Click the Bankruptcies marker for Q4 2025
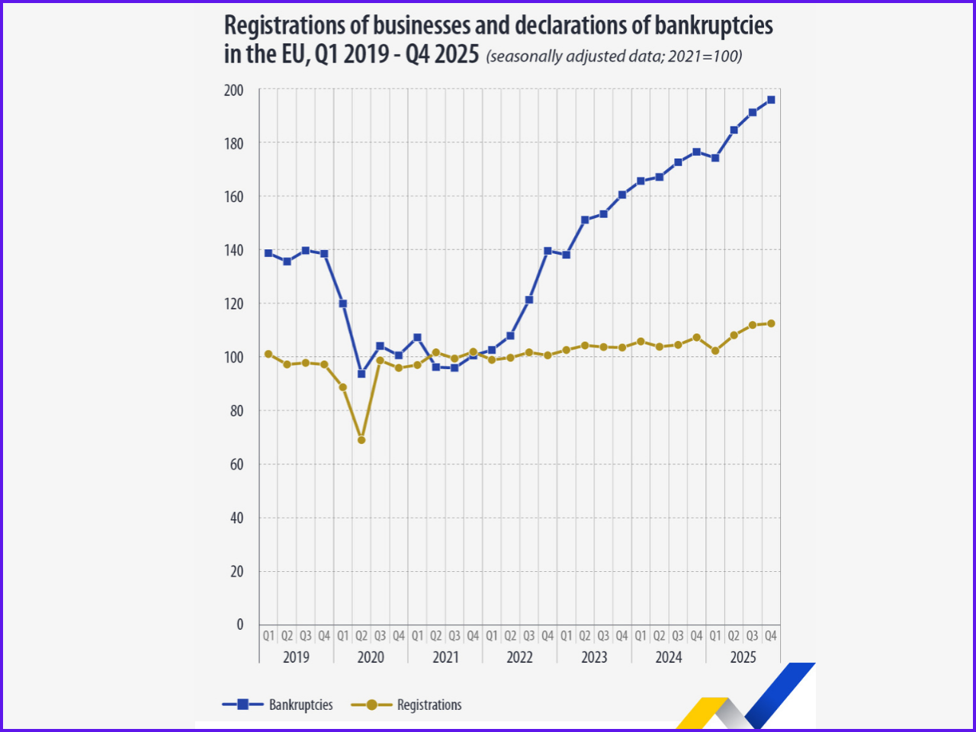tap(771, 100)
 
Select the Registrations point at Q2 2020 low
tap(361, 440)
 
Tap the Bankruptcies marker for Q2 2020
tap(361, 374)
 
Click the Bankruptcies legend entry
tap(278, 705)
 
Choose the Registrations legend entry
tap(407, 705)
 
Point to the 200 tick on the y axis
tap(233, 90)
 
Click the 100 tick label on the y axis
tap(233, 357)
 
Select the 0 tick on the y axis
tap(239, 624)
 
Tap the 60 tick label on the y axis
tap(236, 464)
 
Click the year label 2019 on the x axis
tap(296, 657)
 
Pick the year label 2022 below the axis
tap(519, 657)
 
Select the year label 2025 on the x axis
tap(743, 657)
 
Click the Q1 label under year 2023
tap(566, 636)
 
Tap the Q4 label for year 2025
tap(771, 636)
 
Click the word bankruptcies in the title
tap(714, 25)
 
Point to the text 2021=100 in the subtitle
tap(703, 56)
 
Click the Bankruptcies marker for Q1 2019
tap(268, 253)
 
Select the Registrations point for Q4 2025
tap(771, 323)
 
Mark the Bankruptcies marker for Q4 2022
tap(547, 251)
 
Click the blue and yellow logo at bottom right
tap(747, 698)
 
